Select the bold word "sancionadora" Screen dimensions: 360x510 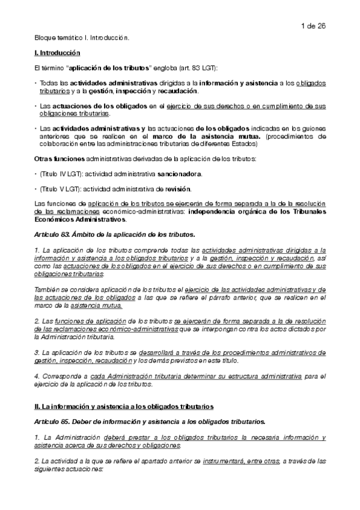(179, 173)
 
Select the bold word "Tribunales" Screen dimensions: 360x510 (307, 212)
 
